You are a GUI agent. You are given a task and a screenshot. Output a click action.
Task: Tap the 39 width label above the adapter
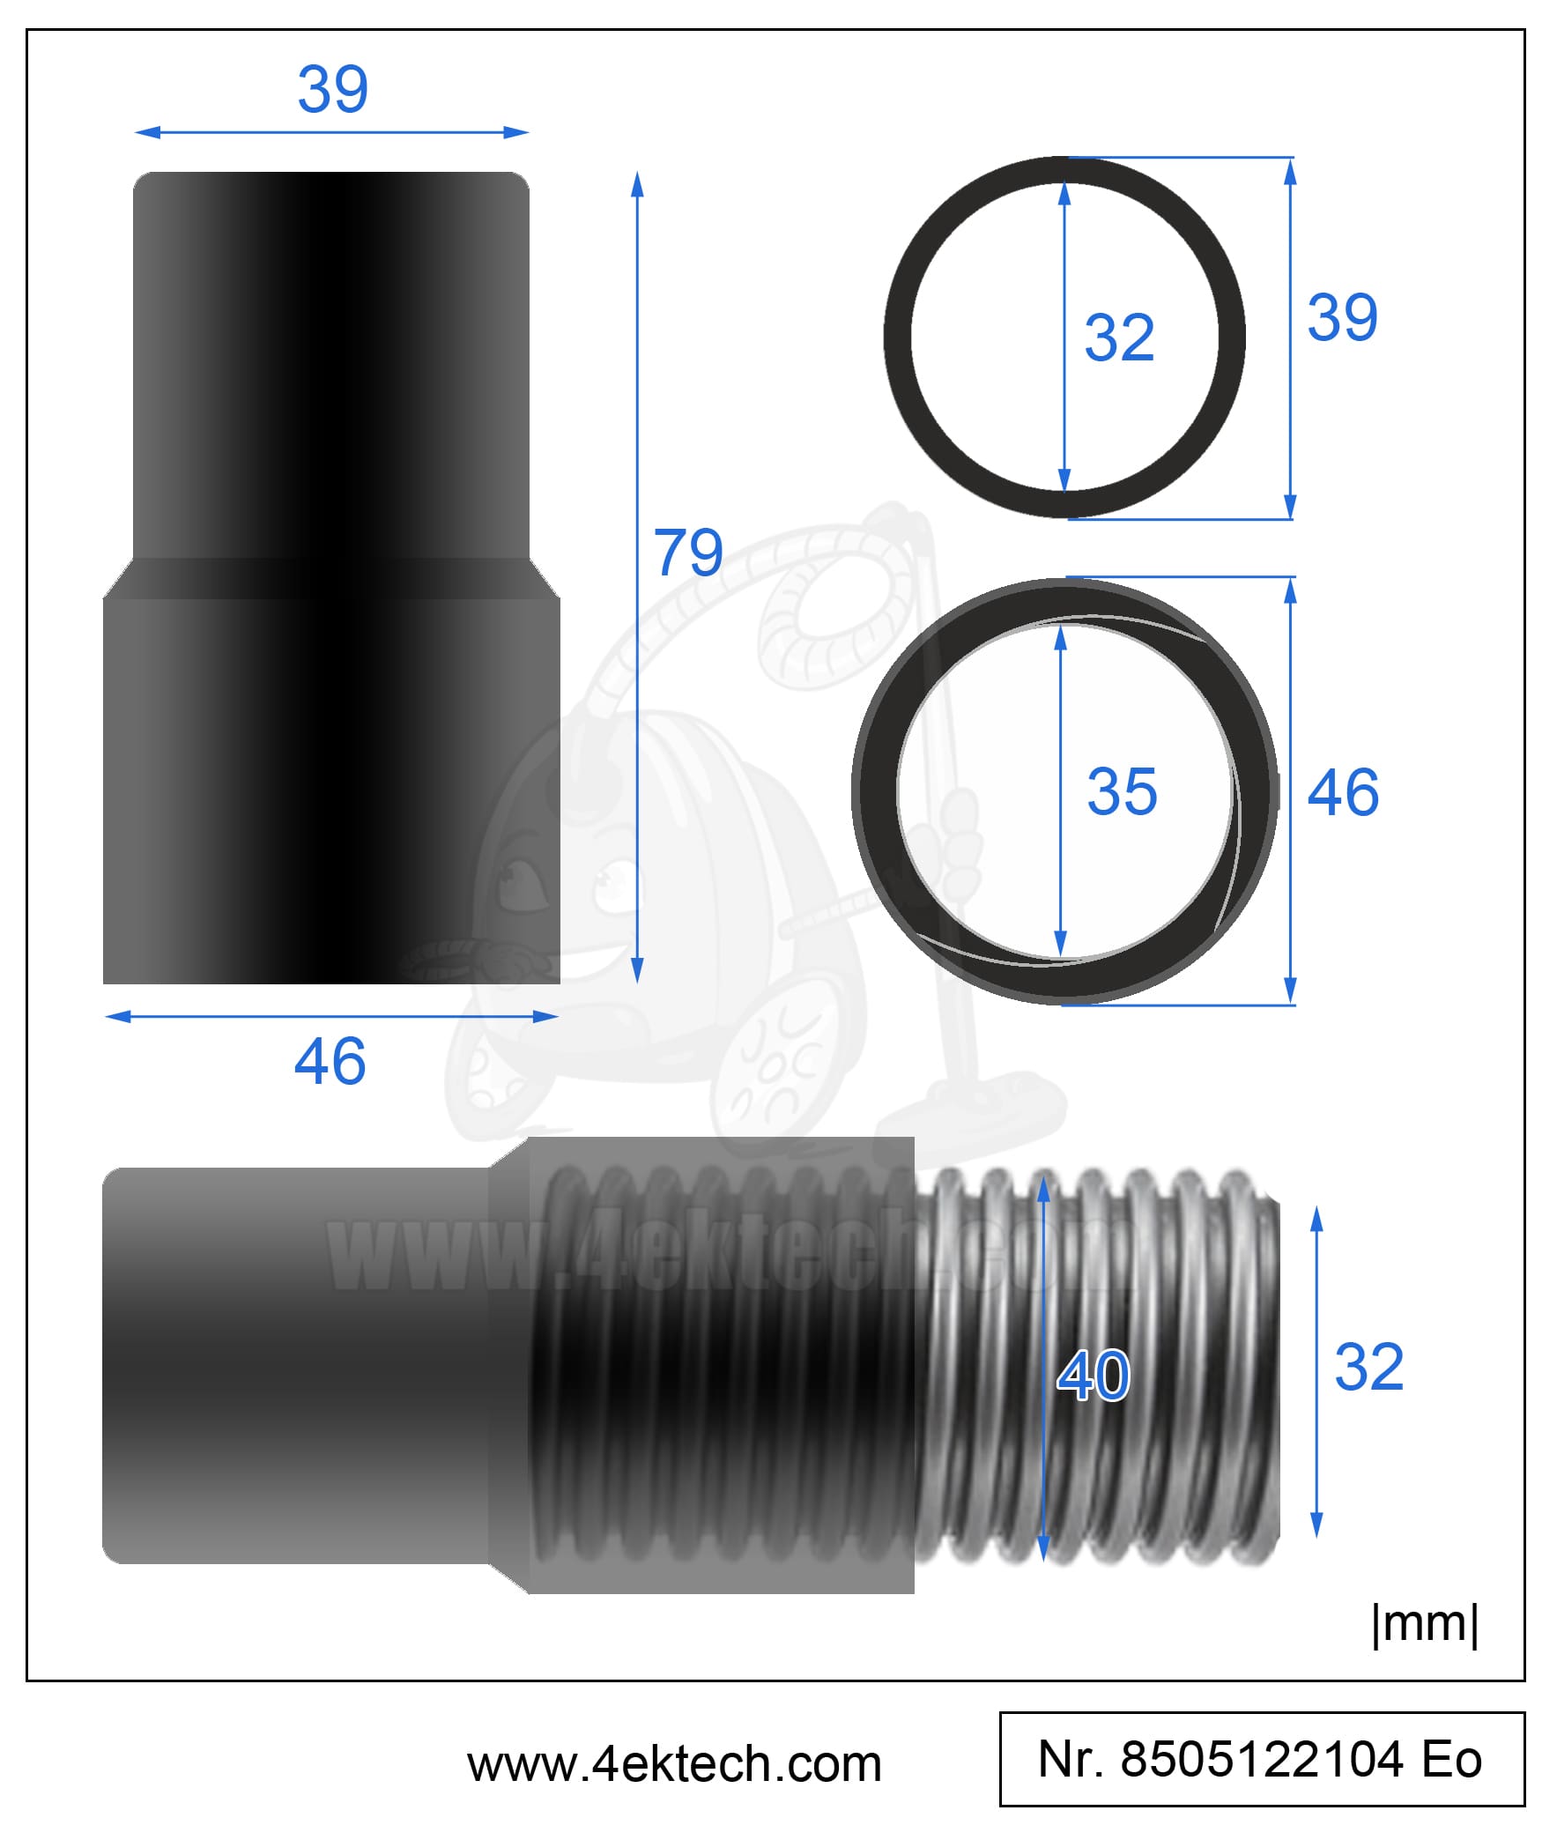333,89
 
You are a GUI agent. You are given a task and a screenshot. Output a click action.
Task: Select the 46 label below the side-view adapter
330,1061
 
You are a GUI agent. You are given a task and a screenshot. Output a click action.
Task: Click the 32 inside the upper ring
1119,338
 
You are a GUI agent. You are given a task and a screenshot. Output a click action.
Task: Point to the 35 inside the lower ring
1122,790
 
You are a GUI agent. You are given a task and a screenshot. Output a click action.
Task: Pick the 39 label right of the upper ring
1343,317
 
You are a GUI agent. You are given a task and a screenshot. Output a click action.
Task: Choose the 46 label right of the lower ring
1343,791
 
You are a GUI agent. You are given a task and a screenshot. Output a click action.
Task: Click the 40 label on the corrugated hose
1094,1375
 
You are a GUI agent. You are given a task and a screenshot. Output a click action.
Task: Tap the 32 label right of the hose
1369,1367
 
